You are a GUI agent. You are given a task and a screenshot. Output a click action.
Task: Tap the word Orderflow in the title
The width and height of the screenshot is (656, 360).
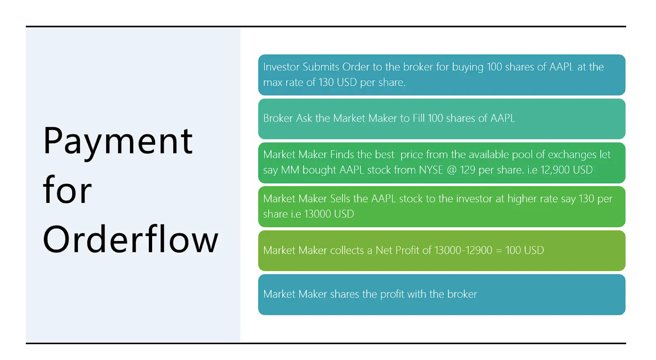pos(131,239)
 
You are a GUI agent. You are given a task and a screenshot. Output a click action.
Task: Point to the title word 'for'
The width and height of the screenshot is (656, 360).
pos(67,189)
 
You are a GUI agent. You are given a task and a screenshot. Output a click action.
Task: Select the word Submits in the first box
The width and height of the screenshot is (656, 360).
pos(321,67)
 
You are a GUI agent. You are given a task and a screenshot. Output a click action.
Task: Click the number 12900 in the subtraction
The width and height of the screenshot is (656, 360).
pos(478,250)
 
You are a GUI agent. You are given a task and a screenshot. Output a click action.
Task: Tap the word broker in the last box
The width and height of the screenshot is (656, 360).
pos(462,294)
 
